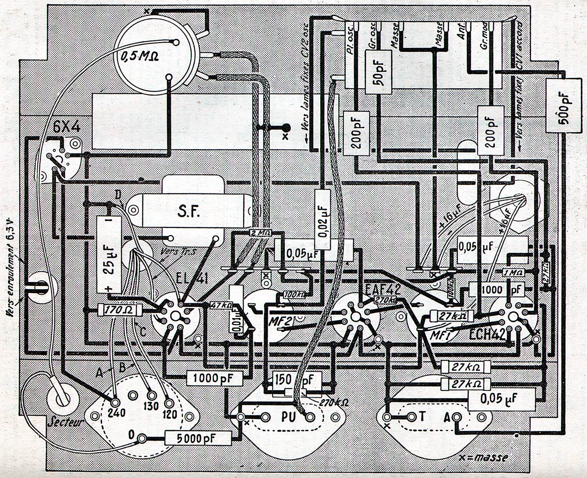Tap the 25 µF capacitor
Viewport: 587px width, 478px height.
pyautogui.click(x=109, y=254)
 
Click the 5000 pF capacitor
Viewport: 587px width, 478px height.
pyautogui.click(x=198, y=438)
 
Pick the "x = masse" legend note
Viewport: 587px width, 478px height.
pyautogui.click(x=484, y=457)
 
